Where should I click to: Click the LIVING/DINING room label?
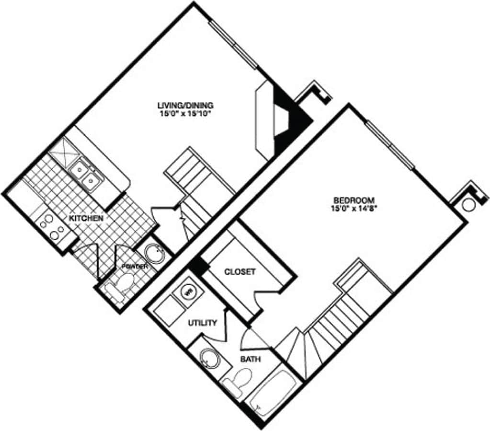click(185, 105)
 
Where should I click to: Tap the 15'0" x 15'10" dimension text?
click(185, 114)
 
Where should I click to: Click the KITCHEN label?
click(86, 219)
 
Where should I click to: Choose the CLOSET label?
click(240, 272)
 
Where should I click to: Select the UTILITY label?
click(203, 323)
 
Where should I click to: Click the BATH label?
click(251, 359)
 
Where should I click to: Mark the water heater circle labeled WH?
click(188, 291)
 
